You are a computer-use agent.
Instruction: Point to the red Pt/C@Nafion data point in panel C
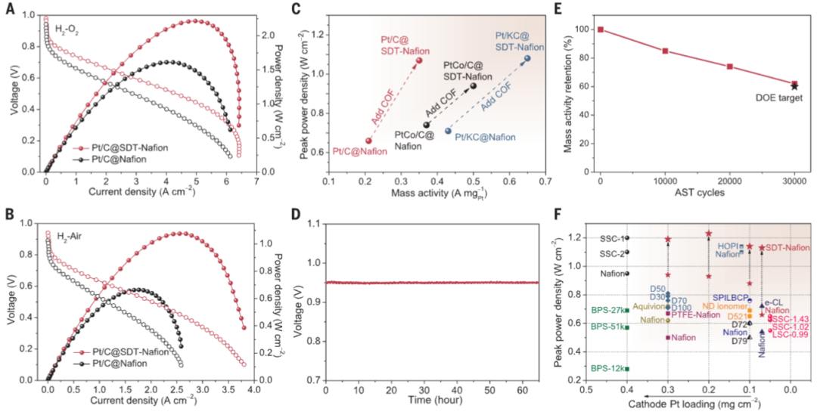[x=368, y=141]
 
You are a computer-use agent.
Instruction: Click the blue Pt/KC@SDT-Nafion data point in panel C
[x=527, y=58]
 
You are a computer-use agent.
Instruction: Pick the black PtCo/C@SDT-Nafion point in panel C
[x=474, y=85]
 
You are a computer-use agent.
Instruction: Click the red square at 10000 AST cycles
[x=665, y=51]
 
